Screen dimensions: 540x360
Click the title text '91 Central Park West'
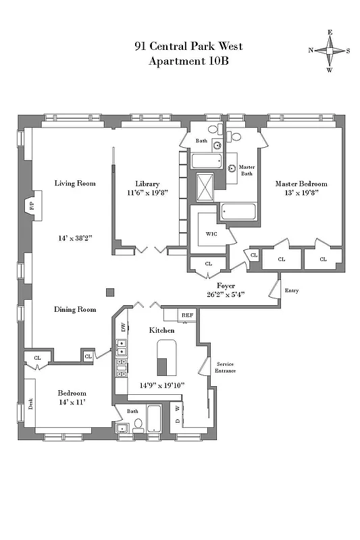(x=188, y=47)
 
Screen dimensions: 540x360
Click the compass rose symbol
(x=330, y=51)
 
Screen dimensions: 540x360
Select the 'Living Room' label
(x=75, y=183)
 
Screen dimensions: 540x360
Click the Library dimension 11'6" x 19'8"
(x=147, y=193)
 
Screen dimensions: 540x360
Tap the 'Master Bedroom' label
(x=301, y=184)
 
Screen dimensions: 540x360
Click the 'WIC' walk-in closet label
(x=210, y=234)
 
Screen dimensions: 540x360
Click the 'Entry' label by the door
(x=292, y=291)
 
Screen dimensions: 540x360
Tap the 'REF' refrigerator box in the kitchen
(x=187, y=315)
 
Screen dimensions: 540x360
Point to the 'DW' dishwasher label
(x=123, y=327)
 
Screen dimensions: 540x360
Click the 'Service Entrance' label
(x=225, y=367)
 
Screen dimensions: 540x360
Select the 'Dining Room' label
(x=75, y=309)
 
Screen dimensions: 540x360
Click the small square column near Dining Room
(x=110, y=292)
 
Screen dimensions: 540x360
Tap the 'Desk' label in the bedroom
(x=31, y=404)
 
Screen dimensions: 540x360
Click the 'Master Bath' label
(x=247, y=170)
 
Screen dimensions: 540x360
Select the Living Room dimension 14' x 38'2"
(x=75, y=238)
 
